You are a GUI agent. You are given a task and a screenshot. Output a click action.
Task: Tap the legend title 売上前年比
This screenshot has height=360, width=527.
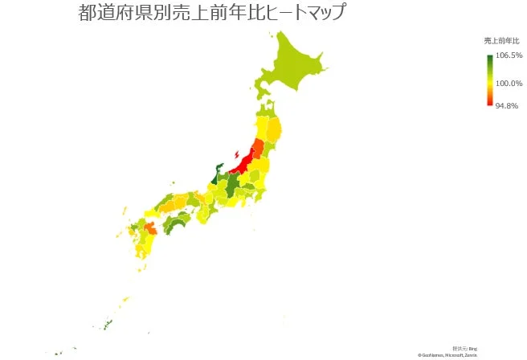[502, 40]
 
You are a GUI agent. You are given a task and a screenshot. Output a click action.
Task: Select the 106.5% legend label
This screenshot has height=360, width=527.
[509, 55]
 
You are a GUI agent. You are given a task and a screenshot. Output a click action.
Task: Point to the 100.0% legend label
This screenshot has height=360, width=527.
[509, 83]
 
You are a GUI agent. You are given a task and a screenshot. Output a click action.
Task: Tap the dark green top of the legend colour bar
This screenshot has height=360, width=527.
[489, 58]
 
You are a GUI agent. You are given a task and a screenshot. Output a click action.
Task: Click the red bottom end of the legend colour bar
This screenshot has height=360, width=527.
[489, 102]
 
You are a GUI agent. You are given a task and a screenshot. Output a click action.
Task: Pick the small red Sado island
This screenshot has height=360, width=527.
[235, 153]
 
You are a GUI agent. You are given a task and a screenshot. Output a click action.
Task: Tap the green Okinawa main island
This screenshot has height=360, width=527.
[107, 325]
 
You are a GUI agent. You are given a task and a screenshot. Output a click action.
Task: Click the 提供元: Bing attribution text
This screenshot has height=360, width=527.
[465, 348]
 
